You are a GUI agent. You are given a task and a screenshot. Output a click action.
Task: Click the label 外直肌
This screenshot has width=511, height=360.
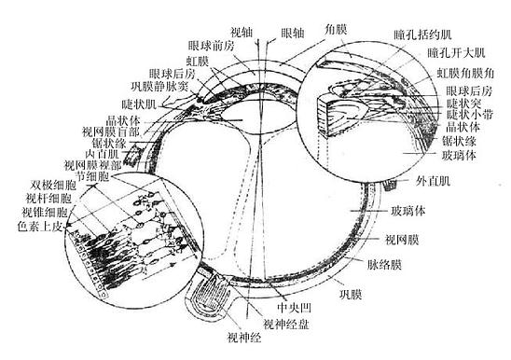[433, 180]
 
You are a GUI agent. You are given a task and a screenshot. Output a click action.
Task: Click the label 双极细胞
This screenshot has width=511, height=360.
[49, 184]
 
